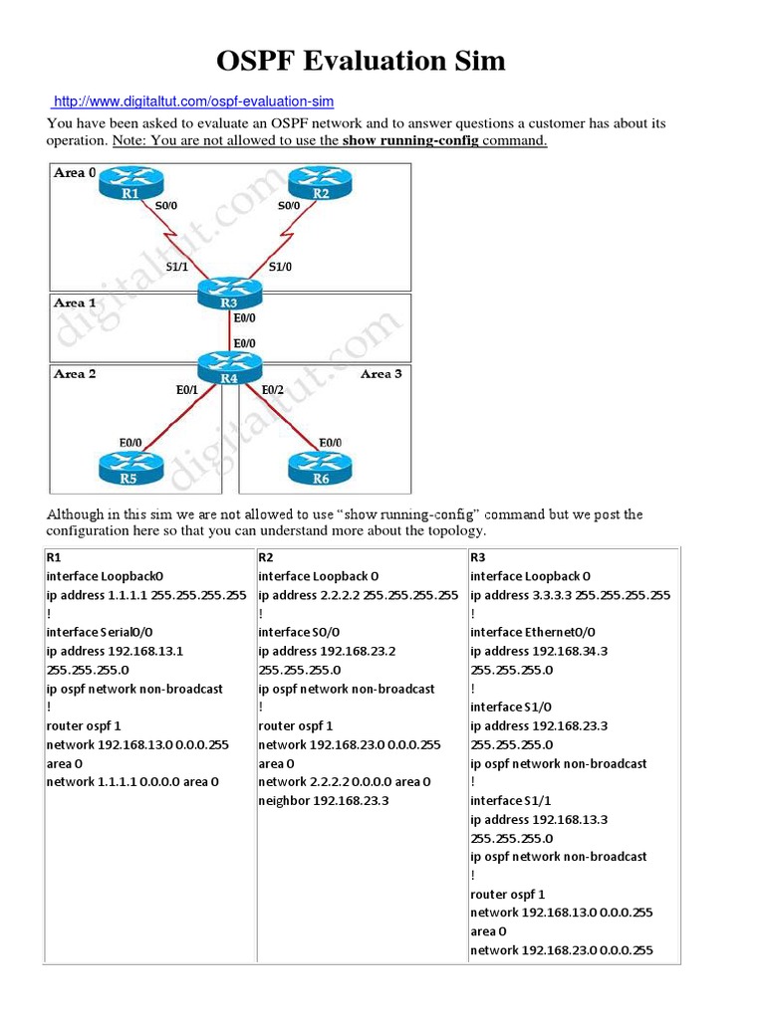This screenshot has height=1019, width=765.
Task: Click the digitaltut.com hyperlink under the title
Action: click(193, 102)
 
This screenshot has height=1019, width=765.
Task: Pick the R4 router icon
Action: click(230, 367)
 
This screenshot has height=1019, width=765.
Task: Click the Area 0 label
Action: click(75, 173)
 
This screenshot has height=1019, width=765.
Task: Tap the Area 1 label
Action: click(75, 303)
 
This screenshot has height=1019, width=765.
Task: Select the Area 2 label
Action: click(75, 374)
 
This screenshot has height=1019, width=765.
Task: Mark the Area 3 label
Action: click(381, 374)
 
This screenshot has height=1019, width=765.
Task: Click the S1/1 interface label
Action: click(178, 267)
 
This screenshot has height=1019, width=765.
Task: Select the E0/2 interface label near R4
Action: click(273, 391)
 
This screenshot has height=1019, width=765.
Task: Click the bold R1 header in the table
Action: click(54, 557)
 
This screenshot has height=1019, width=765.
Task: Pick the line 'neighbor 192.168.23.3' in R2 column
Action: click(324, 800)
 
